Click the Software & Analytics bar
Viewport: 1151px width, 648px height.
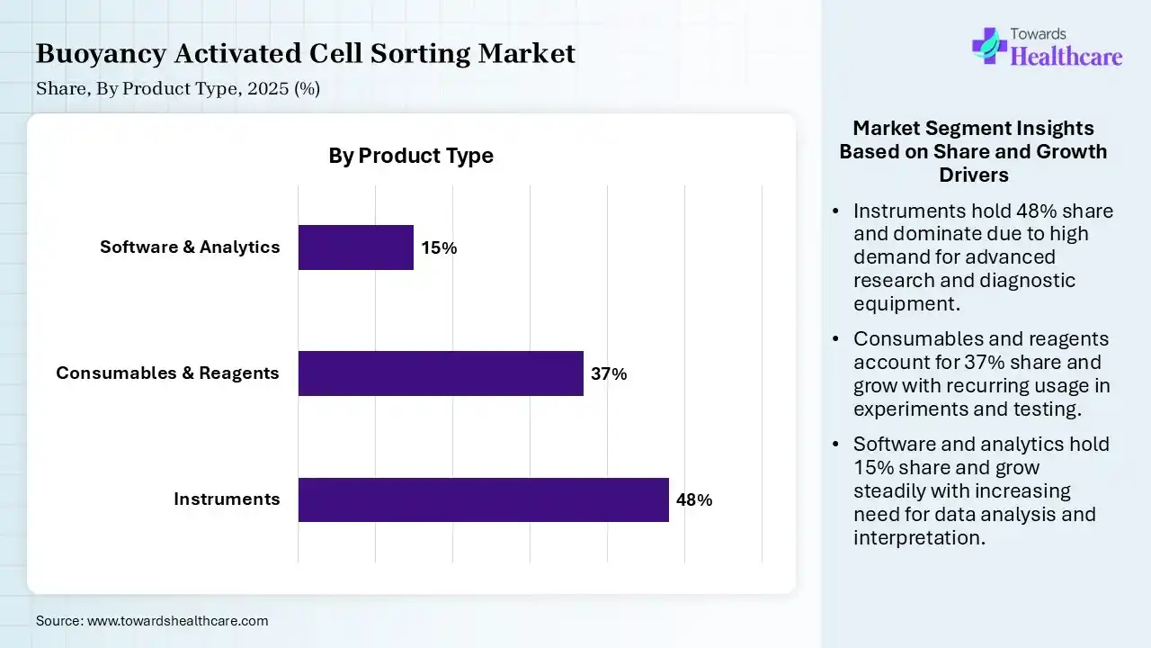pos(355,247)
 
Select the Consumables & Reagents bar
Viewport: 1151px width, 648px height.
pos(441,373)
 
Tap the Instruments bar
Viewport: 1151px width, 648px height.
pos(483,499)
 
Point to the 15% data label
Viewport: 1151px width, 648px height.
pos(439,248)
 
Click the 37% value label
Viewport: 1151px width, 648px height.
pos(609,374)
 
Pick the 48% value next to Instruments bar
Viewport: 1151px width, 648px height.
pos(694,500)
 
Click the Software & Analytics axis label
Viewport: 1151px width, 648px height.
pos(190,247)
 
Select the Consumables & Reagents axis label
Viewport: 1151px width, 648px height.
pos(167,373)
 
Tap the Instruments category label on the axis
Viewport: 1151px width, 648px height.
pos(227,499)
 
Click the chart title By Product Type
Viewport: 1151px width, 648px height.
pos(411,156)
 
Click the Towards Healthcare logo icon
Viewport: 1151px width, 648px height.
pos(989,45)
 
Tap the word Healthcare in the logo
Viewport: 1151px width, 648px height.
pos(1067,57)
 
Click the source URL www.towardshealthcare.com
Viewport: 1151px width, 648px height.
pos(176,621)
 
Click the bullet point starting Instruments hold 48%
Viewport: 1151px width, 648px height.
pos(983,256)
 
